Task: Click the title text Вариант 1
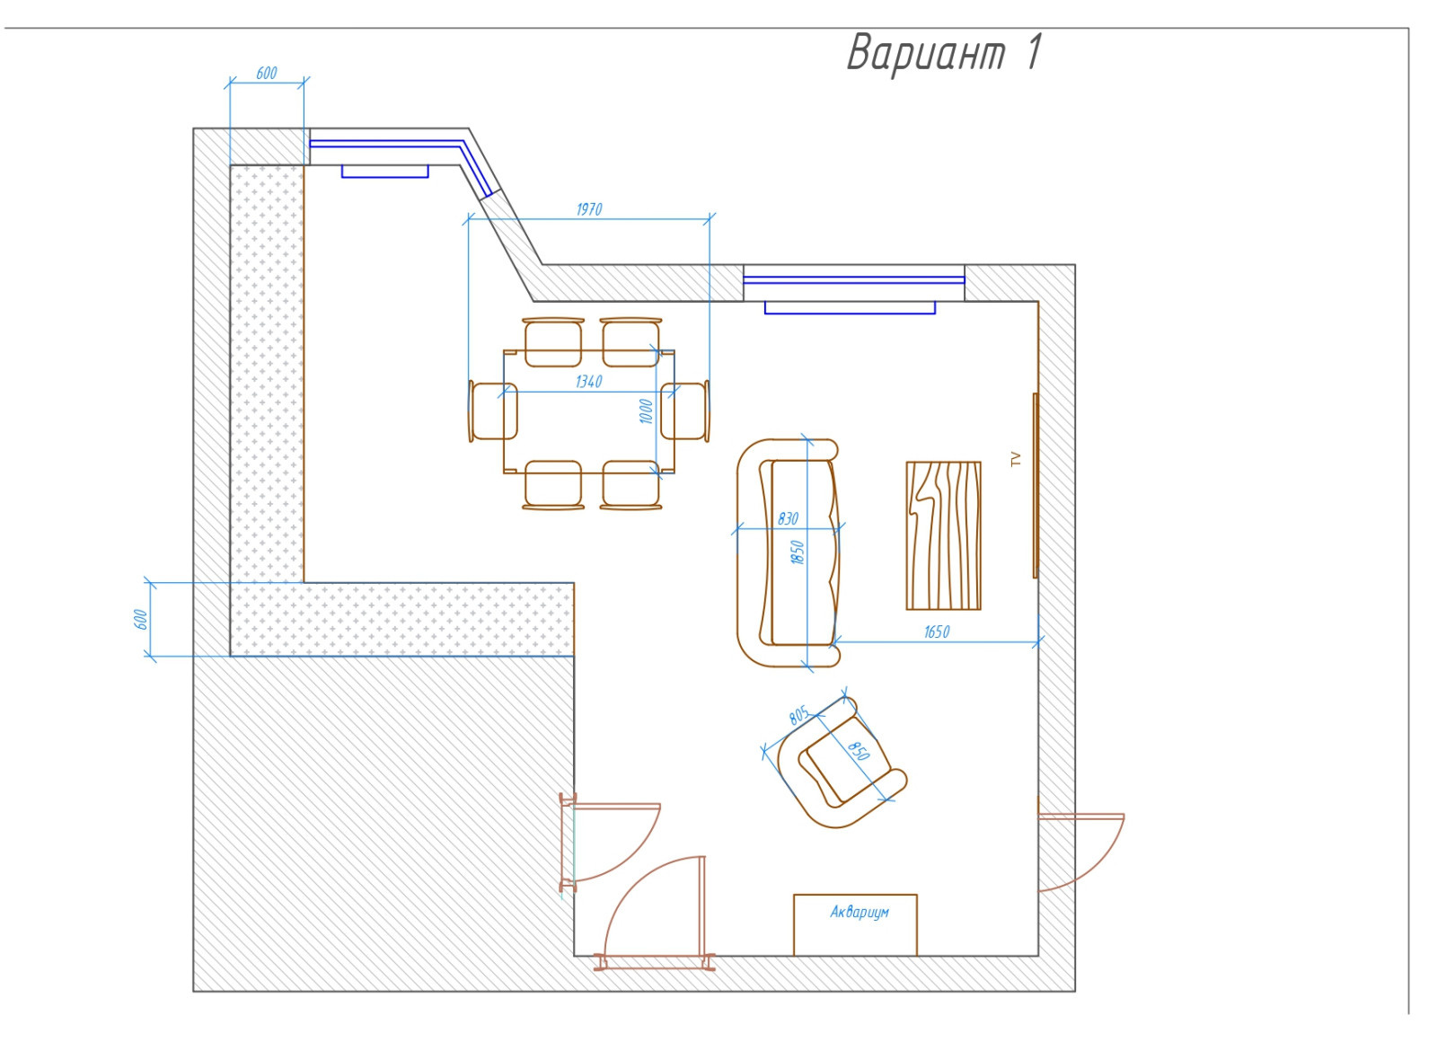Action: pos(945,53)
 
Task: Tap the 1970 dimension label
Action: pos(589,210)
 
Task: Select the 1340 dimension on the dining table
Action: pos(589,383)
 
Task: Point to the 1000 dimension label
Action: pos(646,411)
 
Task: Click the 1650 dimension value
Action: pos(937,632)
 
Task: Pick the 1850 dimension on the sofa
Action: pos(798,552)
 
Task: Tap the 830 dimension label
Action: pos(788,519)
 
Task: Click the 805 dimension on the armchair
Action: pos(799,715)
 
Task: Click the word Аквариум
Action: pos(860,913)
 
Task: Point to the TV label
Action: pos(1016,459)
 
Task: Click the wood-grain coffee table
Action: pos(943,535)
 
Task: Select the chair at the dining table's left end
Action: pos(493,411)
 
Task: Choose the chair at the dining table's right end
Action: pos(685,411)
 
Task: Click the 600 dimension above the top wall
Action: pos(266,74)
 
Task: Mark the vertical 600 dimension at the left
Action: pos(140,620)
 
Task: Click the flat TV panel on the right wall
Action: pos(1036,486)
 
